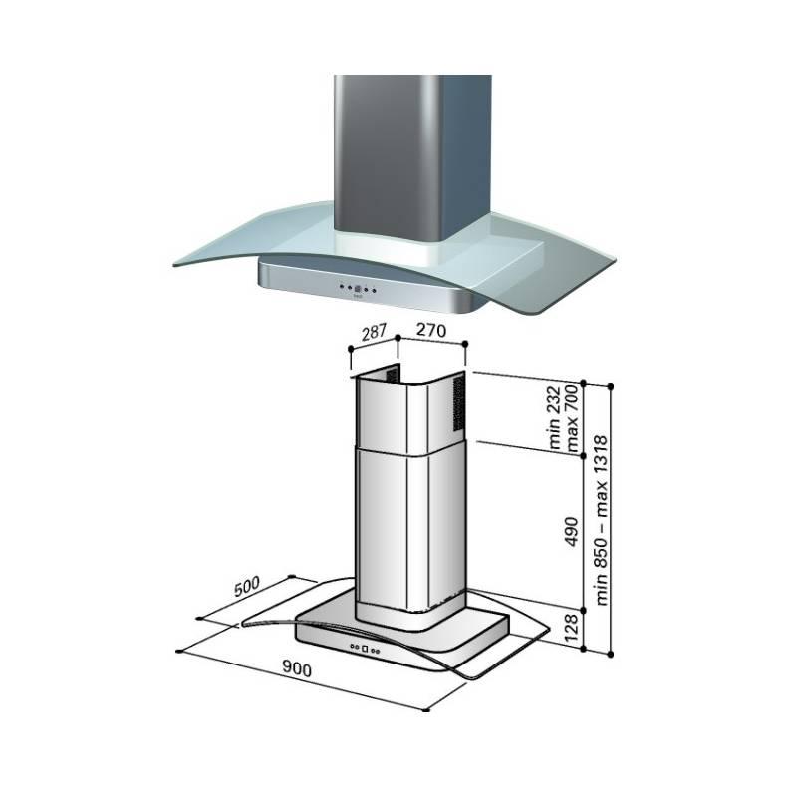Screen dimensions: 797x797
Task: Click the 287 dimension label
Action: click(x=375, y=333)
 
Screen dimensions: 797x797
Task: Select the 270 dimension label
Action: click(x=431, y=330)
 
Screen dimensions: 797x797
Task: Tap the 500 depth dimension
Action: click(x=246, y=586)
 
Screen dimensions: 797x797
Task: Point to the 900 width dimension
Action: click(x=296, y=669)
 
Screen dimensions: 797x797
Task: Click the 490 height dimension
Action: click(x=572, y=532)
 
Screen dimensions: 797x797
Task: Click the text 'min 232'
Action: click(x=555, y=417)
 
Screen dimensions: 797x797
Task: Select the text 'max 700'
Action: click(x=571, y=417)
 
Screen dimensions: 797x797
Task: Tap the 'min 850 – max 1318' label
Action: click(x=602, y=519)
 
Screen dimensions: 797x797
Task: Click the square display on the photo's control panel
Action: click(x=357, y=289)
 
